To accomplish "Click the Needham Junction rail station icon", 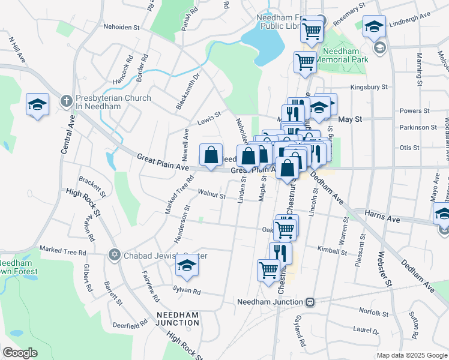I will (x=310, y=302).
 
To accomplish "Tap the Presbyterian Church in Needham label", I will (x=113, y=102).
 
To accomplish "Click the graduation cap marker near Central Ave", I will (x=37, y=105).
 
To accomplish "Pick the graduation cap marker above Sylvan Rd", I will (x=187, y=265).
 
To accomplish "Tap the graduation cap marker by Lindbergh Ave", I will (x=374, y=26).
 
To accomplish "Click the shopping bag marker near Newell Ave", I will (x=211, y=155).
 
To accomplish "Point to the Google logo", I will (x=20, y=353).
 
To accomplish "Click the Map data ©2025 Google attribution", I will (x=411, y=355).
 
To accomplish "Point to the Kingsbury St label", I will (x=369, y=87).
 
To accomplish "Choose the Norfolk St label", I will (x=374, y=313).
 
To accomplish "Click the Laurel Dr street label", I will (x=366, y=330).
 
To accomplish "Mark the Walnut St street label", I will (x=212, y=196).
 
